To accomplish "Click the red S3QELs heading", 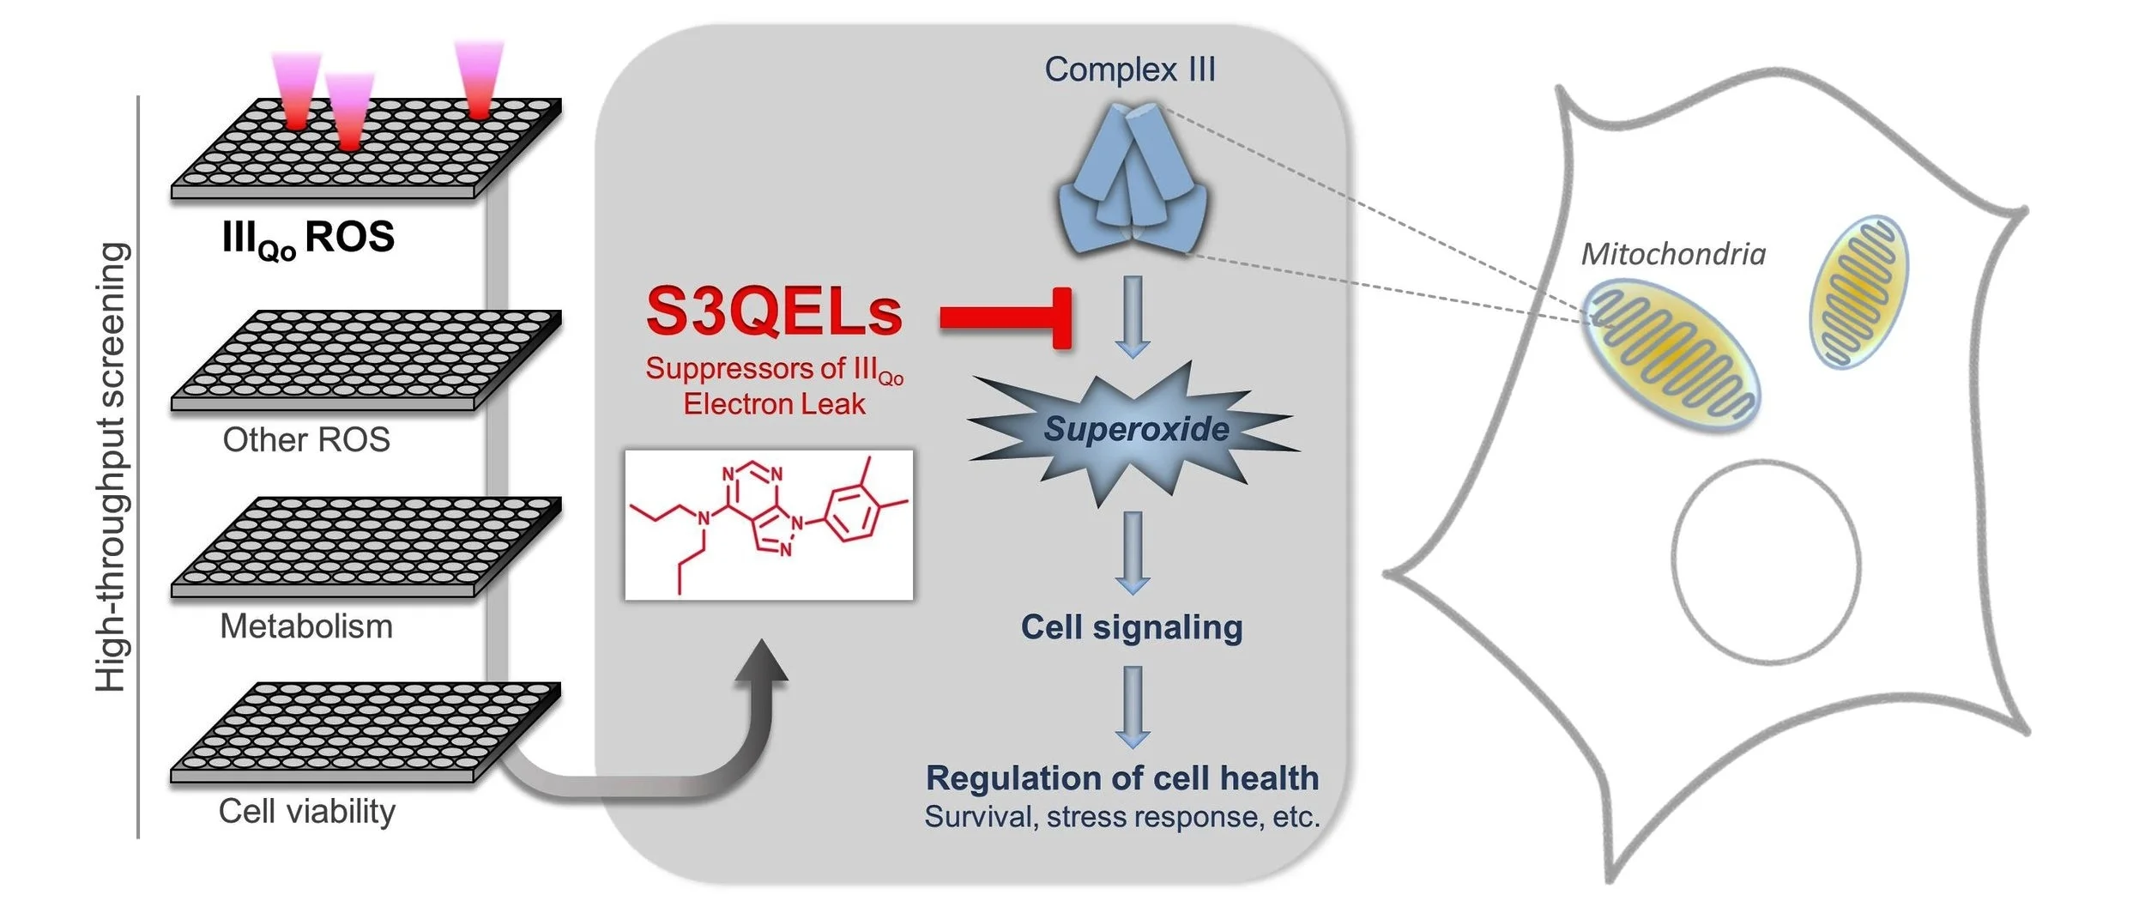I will pos(774,311).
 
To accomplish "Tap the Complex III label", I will pos(1130,70).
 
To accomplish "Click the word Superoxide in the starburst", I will pos(1136,429).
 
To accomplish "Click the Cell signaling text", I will pos(1132,627).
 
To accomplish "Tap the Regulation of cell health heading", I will pos(1122,778).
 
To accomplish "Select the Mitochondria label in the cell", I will pos(1673,254).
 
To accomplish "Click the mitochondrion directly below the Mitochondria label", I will pos(1670,357).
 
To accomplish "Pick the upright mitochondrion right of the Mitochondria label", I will pos(1858,291).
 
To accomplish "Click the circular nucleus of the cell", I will pos(1766,561).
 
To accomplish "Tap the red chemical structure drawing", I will pos(769,524).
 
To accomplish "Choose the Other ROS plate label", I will pos(306,440).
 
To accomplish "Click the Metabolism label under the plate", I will pos(306,626).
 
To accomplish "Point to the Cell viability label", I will pos(307,812).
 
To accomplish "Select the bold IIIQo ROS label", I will pos(308,238).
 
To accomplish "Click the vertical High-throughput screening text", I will pos(112,468).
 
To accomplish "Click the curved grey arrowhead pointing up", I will pos(761,665).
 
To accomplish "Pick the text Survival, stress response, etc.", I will pos(1122,817).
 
